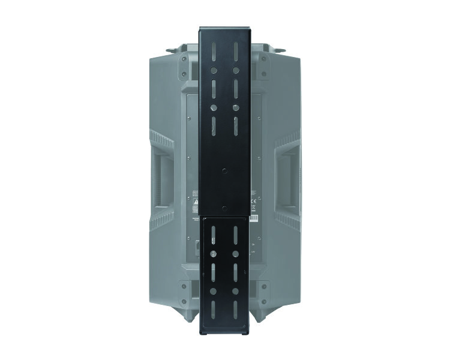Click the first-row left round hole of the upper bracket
coord(213,70)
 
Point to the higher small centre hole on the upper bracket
coord(225,169)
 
